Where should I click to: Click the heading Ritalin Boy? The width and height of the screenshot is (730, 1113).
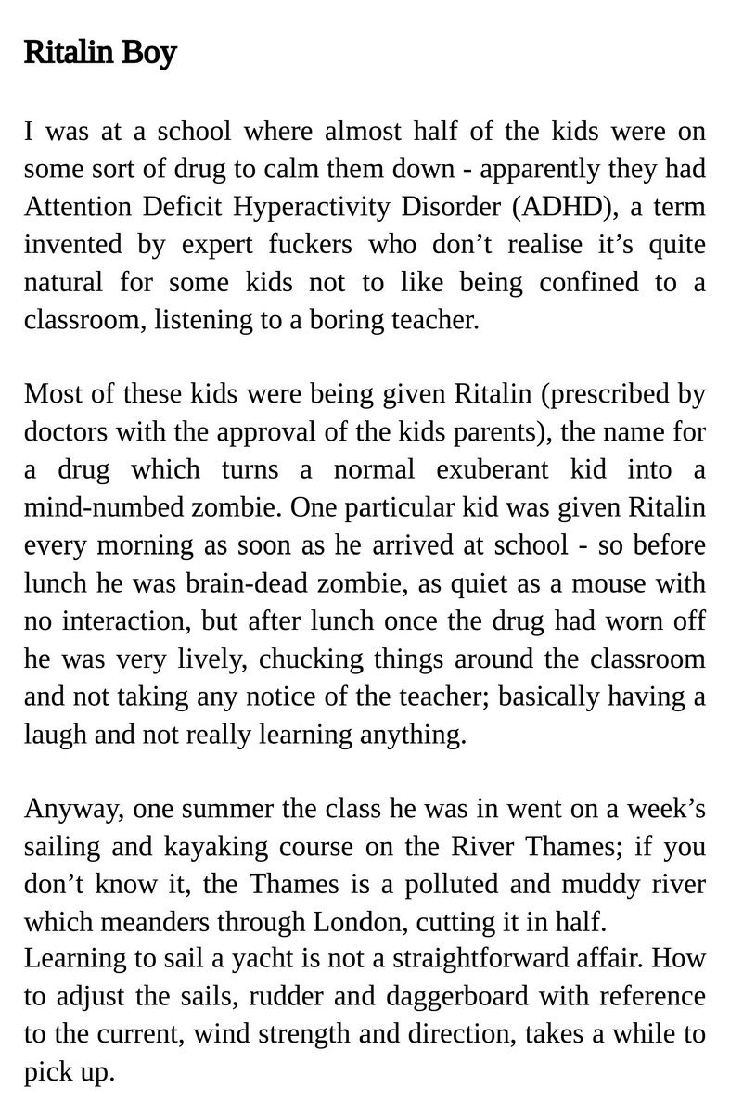pos(99,54)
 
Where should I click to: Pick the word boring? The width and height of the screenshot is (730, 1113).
pos(352,321)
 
